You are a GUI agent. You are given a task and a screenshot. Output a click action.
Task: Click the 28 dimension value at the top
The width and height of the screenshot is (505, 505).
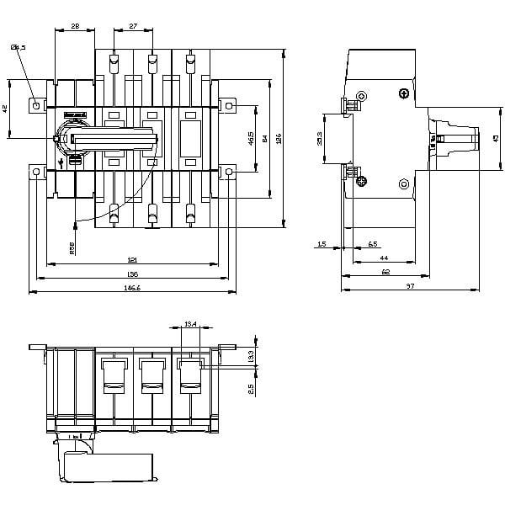pyautogui.click(x=76, y=27)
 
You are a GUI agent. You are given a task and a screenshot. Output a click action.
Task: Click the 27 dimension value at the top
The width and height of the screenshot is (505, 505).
pyautogui.click(x=134, y=27)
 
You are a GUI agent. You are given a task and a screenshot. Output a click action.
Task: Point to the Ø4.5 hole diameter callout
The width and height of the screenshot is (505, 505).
pyautogui.click(x=19, y=47)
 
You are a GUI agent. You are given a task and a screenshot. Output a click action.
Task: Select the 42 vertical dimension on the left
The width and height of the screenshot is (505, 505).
pyautogui.click(x=5, y=109)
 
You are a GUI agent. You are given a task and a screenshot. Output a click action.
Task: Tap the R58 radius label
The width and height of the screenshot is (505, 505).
pyautogui.click(x=72, y=247)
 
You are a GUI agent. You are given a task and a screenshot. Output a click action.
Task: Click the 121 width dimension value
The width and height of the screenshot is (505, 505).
pyautogui.click(x=133, y=259)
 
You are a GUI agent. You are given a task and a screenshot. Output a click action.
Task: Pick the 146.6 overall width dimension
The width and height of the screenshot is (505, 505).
pyautogui.click(x=133, y=288)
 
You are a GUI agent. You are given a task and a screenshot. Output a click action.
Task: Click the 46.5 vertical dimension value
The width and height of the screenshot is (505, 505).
pyautogui.click(x=251, y=137)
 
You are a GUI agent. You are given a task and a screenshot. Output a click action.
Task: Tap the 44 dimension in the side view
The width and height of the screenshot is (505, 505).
pyautogui.click(x=383, y=258)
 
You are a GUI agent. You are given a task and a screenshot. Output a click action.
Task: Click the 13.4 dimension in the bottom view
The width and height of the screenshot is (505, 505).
pyautogui.click(x=189, y=323)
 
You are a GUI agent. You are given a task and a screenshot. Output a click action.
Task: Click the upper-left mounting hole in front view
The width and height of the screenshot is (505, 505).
pyautogui.click(x=35, y=105)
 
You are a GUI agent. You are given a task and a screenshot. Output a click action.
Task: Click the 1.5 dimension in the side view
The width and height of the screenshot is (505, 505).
pyautogui.click(x=323, y=244)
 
